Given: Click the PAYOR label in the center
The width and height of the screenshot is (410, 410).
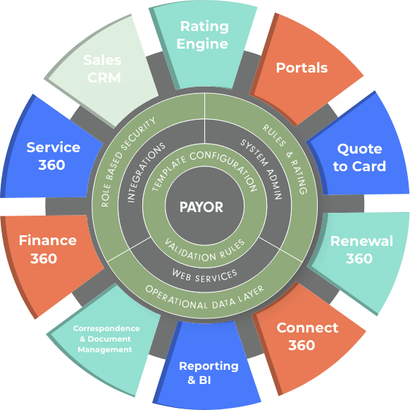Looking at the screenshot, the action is (201, 207).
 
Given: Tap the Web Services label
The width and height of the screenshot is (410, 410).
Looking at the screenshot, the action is (205, 277).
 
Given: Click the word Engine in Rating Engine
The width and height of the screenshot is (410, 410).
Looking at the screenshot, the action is (202, 44).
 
